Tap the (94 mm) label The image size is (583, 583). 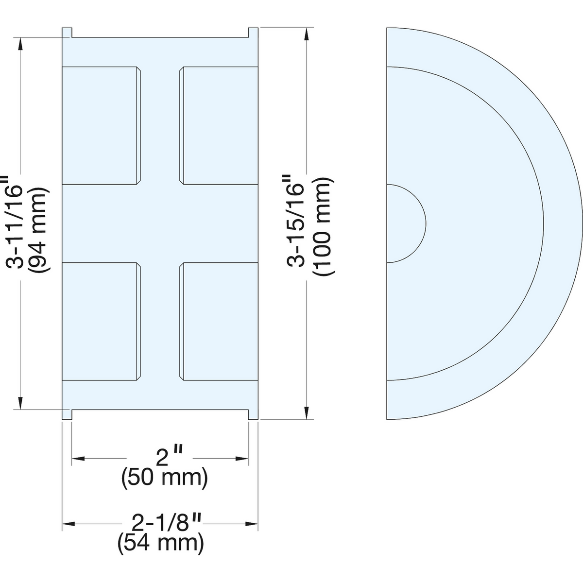(x=39, y=230)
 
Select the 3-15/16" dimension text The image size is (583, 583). (x=296, y=221)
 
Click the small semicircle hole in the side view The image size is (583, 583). (x=406, y=223)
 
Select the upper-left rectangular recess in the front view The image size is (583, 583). (x=102, y=125)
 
